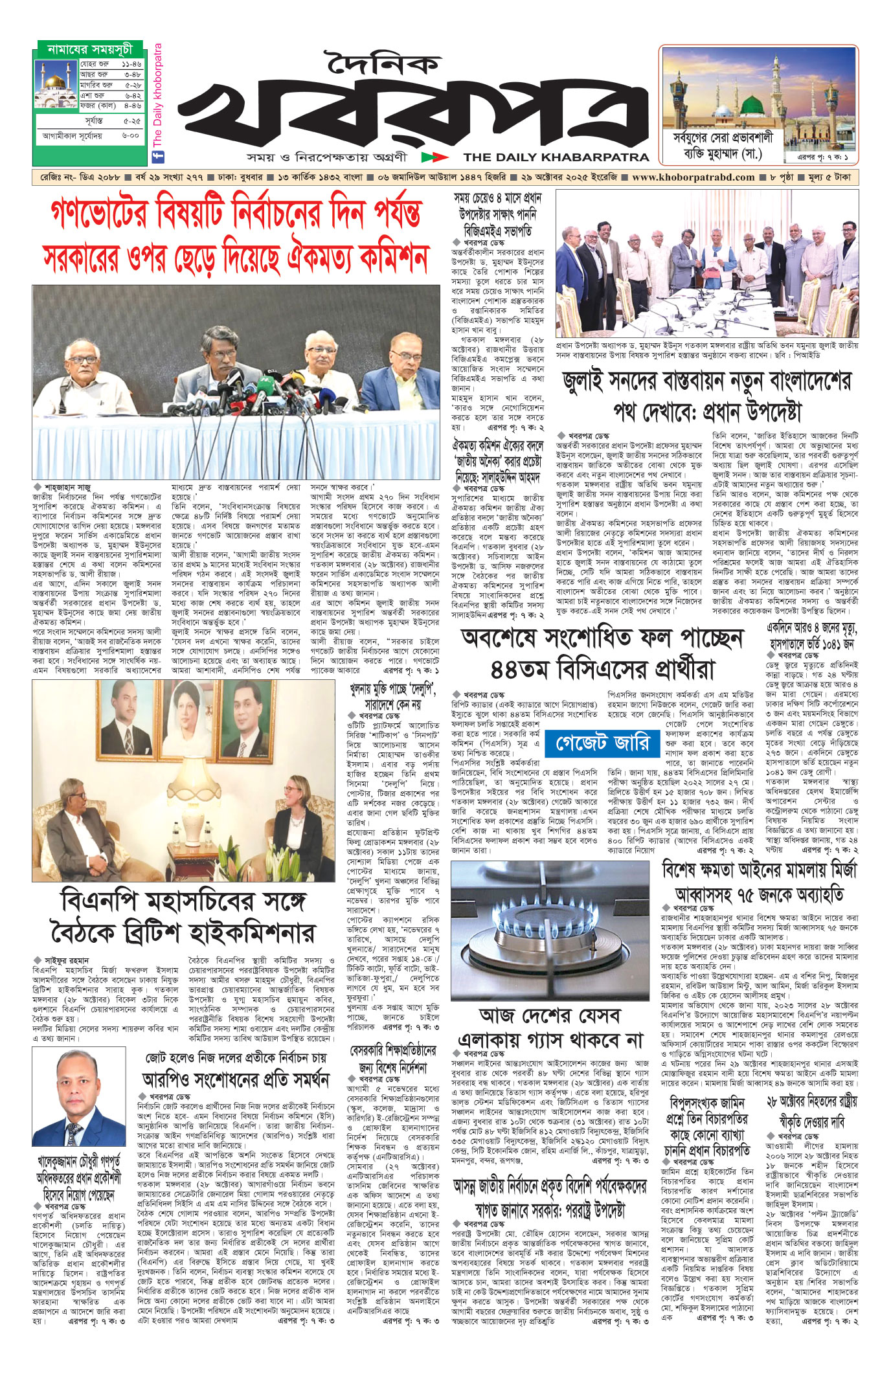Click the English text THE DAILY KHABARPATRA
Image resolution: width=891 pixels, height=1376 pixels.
[x=556, y=157]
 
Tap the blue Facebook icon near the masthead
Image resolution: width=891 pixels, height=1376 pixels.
[x=156, y=156]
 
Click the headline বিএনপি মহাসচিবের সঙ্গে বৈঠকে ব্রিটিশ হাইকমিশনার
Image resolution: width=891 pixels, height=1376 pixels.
[x=183, y=919]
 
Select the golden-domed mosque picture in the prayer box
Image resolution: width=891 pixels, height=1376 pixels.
[x=56, y=85]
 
